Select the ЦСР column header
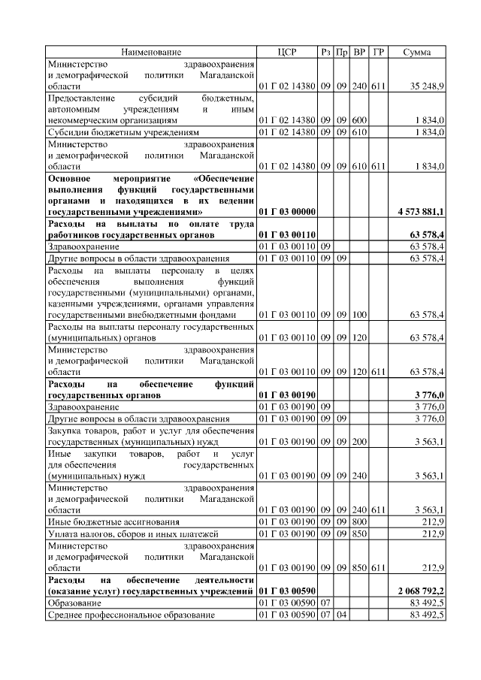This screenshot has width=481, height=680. [287, 52]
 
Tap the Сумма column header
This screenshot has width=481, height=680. [417, 52]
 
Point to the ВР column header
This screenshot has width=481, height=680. [359, 52]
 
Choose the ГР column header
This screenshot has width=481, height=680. [378, 52]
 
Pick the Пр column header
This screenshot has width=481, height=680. [342, 52]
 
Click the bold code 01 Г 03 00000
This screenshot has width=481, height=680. [287, 213]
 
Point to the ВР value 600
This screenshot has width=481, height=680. [359, 119]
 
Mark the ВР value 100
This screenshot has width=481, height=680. [359, 316]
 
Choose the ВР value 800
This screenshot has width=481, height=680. [359, 521]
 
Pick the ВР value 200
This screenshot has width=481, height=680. [359, 442]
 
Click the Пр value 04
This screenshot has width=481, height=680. [342, 615]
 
